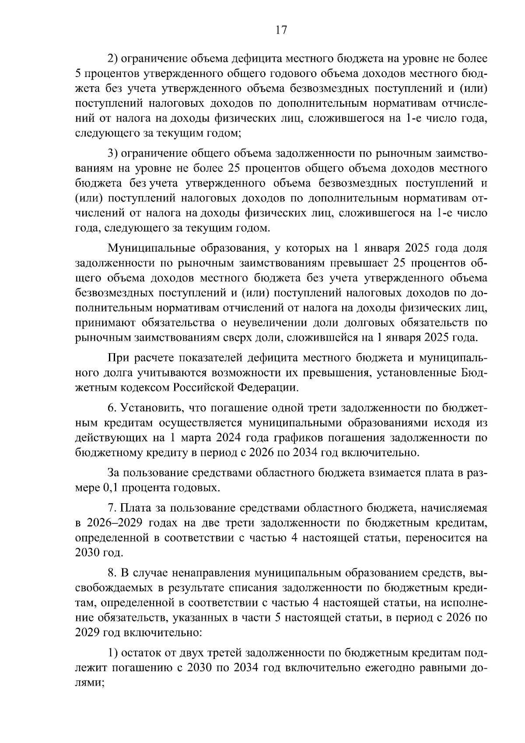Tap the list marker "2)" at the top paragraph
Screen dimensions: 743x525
pos(113,59)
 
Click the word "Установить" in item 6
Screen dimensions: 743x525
pos(151,408)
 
